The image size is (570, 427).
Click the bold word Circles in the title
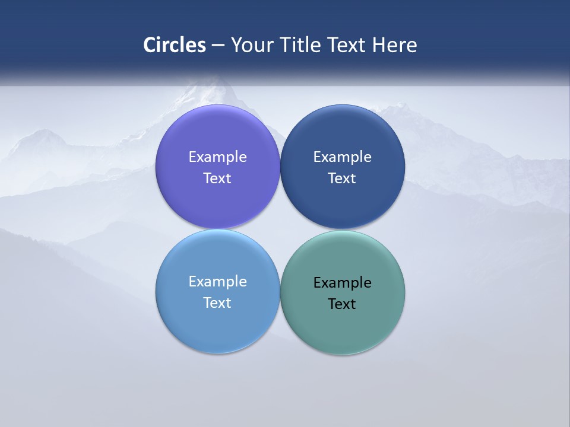175,45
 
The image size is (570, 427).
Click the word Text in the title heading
347,45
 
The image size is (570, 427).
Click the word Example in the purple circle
217,157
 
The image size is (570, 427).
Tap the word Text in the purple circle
217,179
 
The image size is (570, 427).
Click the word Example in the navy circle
342,157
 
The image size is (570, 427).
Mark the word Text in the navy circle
342,179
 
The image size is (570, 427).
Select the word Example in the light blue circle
217,282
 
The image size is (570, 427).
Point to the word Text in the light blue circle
217,303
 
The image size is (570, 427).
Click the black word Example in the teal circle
342,283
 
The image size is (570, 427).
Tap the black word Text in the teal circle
342,304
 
